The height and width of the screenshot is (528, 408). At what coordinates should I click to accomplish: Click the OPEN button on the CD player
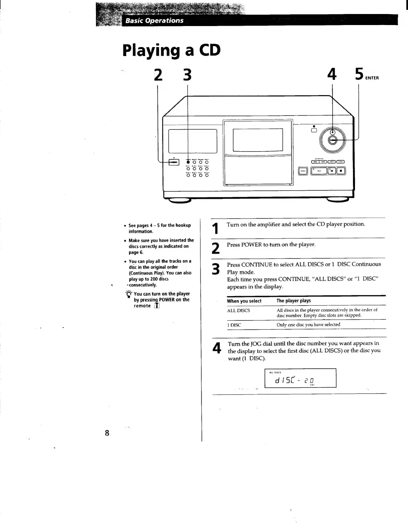coord(303,171)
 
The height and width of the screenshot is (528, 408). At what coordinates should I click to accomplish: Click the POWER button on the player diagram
coord(174,162)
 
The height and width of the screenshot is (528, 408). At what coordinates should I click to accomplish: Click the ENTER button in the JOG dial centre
coord(332,141)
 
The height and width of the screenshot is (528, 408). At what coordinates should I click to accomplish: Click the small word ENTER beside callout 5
coord(372,78)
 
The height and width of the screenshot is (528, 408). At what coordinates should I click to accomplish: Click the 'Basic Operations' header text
coord(154,21)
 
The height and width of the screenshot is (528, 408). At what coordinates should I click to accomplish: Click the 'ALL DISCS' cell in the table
coord(238,310)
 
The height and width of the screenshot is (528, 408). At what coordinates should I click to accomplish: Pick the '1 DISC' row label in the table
coord(234,325)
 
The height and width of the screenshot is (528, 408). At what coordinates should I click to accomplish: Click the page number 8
coord(107,433)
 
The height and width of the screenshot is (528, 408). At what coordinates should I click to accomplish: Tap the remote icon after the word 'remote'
coord(157,306)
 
